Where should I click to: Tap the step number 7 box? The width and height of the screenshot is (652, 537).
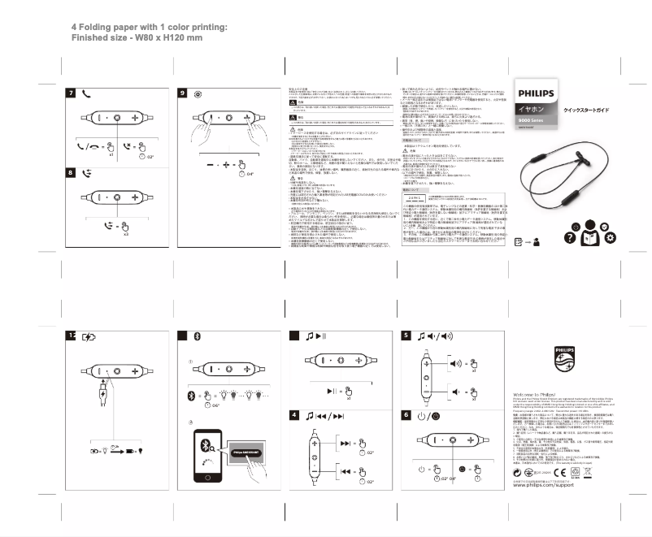[x=72, y=93]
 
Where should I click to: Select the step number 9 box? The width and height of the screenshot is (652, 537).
[x=183, y=93]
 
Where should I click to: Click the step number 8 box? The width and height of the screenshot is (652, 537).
[x=72, y=172]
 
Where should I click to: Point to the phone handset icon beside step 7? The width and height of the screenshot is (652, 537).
[x=86, y=93]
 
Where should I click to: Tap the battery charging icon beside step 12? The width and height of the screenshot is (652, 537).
[x=88, y=336]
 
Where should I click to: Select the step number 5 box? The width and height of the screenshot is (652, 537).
[x=406, y=336]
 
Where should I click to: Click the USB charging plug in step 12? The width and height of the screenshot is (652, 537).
[x=98, y=397]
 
